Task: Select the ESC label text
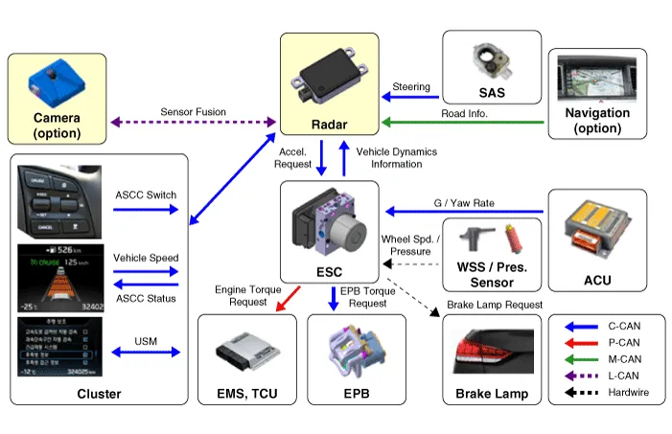[329, 272]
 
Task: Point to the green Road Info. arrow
[461, 122]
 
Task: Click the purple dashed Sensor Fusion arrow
[193, 122]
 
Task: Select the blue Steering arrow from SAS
[412, 95]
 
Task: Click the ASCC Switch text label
[145, 195]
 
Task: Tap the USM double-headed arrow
[145, 352]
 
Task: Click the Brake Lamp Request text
[495, 305]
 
